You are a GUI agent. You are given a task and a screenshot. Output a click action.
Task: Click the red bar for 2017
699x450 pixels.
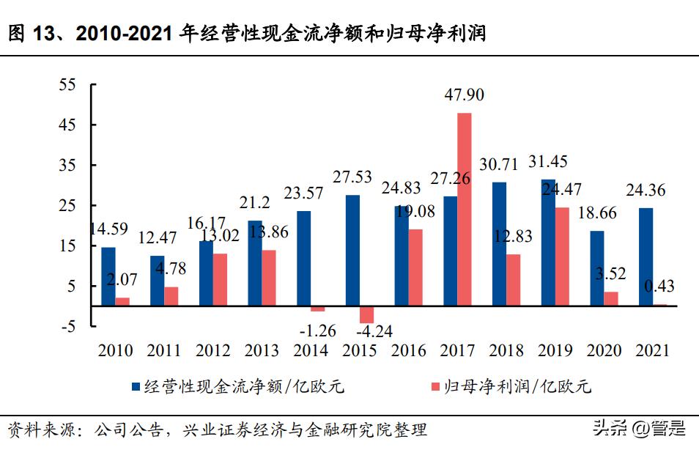click(464, 209)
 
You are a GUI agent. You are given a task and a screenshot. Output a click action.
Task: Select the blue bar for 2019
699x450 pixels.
click(548, 242)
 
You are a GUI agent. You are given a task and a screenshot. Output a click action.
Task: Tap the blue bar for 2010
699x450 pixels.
click(108, 276)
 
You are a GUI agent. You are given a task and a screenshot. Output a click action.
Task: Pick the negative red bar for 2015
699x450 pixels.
click(366, 314)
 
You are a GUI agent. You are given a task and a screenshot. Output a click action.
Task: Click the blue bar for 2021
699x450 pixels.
click(646, 257)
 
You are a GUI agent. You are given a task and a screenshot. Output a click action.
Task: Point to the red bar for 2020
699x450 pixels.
click(610, 298)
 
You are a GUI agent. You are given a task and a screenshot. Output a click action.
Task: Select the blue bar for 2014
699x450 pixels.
click(303, 258)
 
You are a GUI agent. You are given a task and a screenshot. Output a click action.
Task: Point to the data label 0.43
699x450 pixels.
click(659, 286)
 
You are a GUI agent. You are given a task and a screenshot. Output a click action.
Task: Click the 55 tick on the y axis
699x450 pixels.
click(67, 85)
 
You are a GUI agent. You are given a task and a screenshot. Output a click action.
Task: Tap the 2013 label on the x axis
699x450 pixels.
click(262, 351)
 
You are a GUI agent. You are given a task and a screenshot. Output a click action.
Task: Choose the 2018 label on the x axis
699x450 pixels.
click(506, 351)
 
